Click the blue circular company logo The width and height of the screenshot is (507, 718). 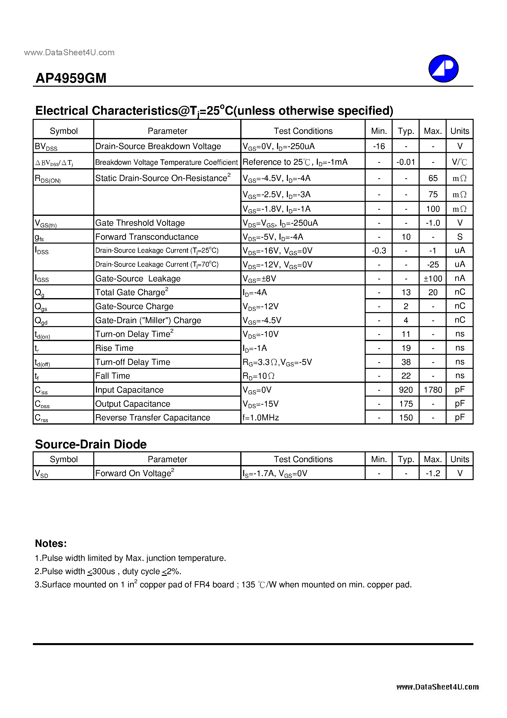[x=443, y=69]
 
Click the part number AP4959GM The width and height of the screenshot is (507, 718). [x=71, y=78]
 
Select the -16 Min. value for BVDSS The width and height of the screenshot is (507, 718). [x=379, y=146]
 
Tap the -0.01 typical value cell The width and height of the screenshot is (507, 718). [x=406, y=162]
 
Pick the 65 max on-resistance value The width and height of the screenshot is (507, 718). [x=433, y=178]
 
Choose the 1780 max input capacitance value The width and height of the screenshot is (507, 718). [x=433, y=390]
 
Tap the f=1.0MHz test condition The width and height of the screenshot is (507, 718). [x=261, y=418]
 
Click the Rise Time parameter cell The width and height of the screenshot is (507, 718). [x=114, y=348]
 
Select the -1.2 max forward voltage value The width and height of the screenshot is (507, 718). [x=433, y=473]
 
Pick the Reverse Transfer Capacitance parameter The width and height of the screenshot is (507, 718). [x=153, y=418]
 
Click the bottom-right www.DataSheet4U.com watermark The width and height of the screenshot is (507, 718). [x=437, y=687]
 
